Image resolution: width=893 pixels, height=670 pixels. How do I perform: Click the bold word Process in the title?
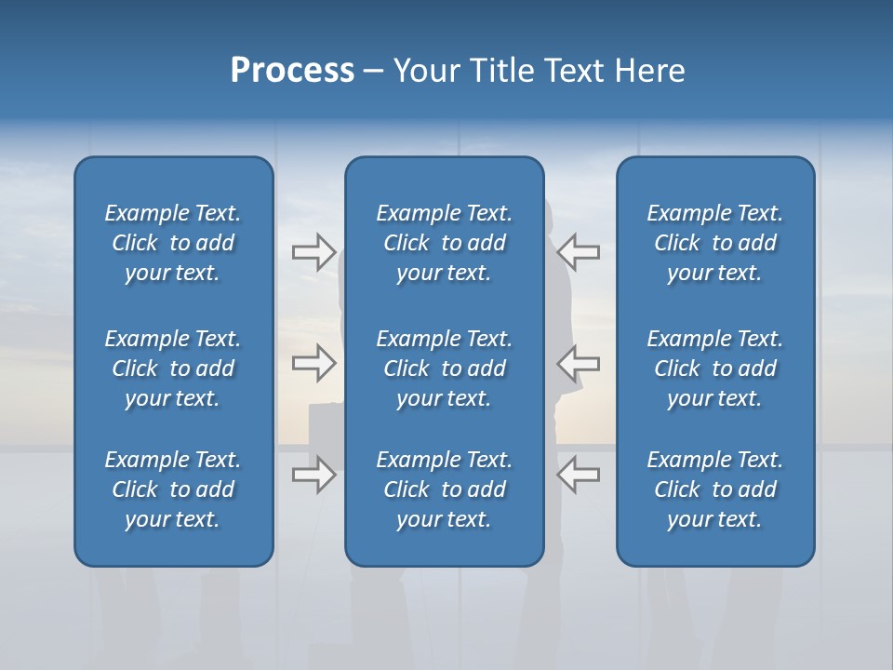coord(292,71)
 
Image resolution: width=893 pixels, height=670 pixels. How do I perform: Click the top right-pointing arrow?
coord(313,252)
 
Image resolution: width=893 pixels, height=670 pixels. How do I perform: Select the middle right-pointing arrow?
coord(313,363)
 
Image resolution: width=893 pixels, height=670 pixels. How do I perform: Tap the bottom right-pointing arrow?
coord(313,475)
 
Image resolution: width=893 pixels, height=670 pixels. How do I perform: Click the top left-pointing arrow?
coord(579,252)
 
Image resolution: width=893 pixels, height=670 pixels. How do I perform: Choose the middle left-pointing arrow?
coord(579,363)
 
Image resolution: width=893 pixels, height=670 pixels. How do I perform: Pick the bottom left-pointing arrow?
coord(579,475)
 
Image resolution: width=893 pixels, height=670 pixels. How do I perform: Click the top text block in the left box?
coord(173,243)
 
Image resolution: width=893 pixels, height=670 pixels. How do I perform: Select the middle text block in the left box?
coord(173,368)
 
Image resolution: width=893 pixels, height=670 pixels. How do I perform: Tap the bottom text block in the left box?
coord(173,489)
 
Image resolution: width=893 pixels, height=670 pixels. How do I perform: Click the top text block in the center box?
coord(444,243)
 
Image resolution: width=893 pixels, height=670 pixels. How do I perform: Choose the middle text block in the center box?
coord(444,368)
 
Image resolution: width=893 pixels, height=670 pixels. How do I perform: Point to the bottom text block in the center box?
coord(444,489)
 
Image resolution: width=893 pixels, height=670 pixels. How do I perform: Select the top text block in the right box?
coord(714,243)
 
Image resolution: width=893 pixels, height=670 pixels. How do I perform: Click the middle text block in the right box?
coord(714,368)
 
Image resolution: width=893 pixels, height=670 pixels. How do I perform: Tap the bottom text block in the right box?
coord(714,489)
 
